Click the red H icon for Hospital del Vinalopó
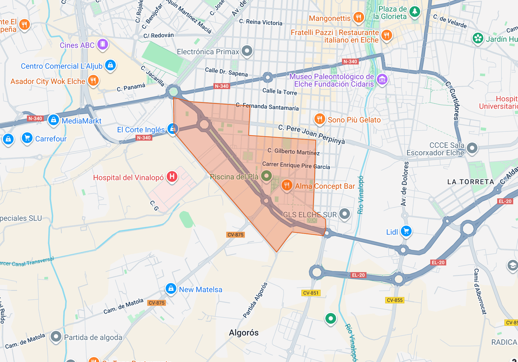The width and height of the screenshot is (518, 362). pyautogui.click(x=172, y=176)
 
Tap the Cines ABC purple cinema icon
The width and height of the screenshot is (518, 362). pyautogui.click(x=102, y=44)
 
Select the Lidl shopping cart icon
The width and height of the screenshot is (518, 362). pyautogui.click(x=406, y=231)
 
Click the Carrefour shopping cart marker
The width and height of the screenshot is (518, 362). pyautogui.click(x=27, y=138)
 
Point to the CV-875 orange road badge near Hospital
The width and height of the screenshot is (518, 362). pyautogui.click(x=235, y=235)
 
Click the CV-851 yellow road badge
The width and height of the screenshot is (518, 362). pyautogui.click(x=311, y=293)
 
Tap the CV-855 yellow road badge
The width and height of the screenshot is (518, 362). pyautogui.click(x=395, y=300)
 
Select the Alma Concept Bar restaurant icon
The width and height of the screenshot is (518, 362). pyautogui.click(x=287, y=185)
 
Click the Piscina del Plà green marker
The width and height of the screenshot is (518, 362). pyautogui.click(x=266, y=176)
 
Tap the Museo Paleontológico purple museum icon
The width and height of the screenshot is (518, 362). pyautogui.click(x=382, y=79)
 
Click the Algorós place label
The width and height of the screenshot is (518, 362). pyautogui.click(x=243, y=332)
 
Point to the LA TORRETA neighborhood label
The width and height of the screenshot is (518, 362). pyautogui.click(x=470, y=182)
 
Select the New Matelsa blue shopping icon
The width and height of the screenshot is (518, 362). pyautogui.click(x=171, y=288)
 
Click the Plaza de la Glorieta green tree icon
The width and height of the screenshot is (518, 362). pyautogui.click(x=414, y=12)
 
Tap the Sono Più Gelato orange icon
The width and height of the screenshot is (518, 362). pyautogui.click(x=320, y=119)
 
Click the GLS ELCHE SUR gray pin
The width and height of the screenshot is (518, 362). pyautogui.click(x=344, y=213)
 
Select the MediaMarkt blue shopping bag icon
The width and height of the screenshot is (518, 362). pyautogui.click(x=53, y=120)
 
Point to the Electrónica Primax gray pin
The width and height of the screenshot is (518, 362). pyautogui.click(x=247, y=51)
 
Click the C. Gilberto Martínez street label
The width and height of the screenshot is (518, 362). pyautogui.click(x=293, y=151)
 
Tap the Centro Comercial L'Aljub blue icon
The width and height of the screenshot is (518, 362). pyautogui.click(x=110, y=65)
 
